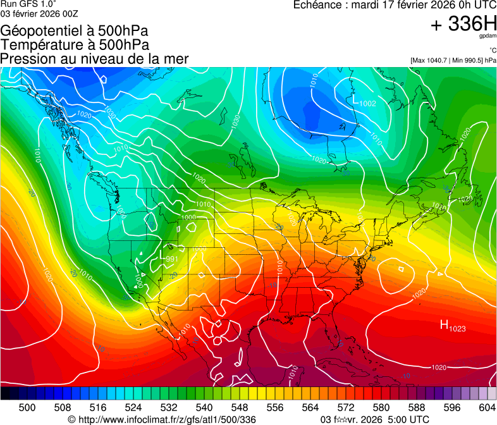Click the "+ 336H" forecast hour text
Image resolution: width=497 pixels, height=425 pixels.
[x=463, y=24]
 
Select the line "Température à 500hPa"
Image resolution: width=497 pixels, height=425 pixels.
[x=75, y=45]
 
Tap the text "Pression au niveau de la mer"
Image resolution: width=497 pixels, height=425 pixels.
[x=94, y=59]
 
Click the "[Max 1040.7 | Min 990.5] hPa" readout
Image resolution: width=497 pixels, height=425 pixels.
[x=453, y=61]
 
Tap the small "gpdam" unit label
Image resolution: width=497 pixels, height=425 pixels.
[x=488, y=37]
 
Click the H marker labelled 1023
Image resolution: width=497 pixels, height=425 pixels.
[x=452, y=326]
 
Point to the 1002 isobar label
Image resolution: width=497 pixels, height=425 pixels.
[x=368, y=104]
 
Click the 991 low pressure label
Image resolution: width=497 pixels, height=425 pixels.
[x=171, y=259]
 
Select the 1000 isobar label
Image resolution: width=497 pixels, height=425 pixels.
[x=188, y=218]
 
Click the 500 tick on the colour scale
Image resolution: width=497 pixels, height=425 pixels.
[x=27, y=407]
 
